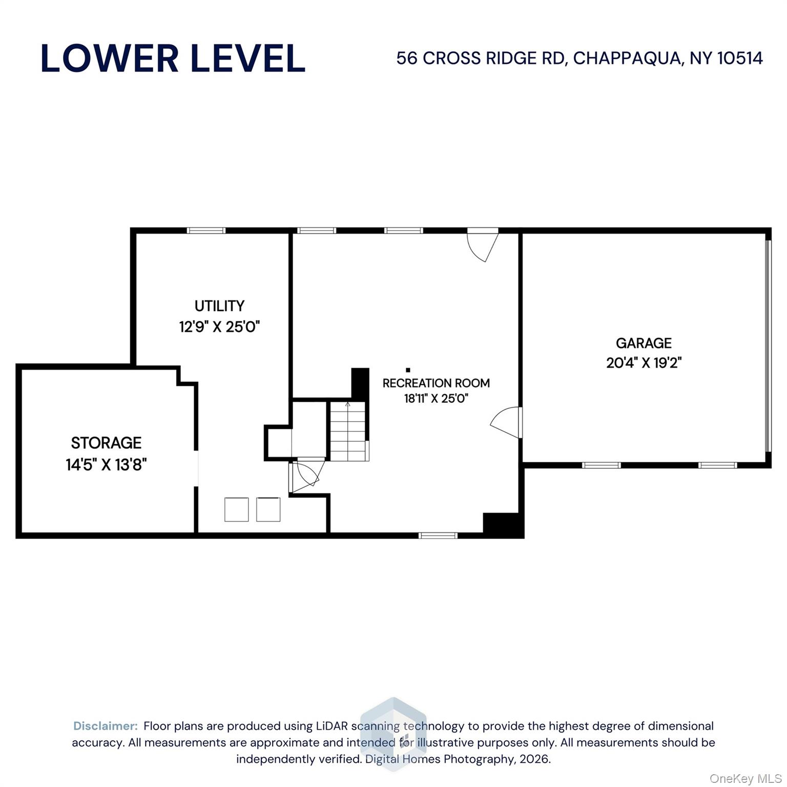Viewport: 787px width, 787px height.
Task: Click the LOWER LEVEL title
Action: (173, 58)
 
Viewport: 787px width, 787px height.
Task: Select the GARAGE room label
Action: (644, 343)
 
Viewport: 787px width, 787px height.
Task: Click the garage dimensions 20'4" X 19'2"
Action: (644, 363)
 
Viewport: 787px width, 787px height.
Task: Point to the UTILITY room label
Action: (219, 306)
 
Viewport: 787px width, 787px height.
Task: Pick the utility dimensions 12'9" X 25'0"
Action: (219, 327)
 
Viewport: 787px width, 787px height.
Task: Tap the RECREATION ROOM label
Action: (436, 383)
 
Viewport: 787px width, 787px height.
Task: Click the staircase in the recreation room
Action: (348, 431)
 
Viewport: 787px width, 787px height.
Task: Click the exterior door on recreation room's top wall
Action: (483, 244)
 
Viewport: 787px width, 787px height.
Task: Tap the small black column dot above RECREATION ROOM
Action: (408, 369)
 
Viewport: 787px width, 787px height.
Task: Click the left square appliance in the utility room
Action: (236, 509)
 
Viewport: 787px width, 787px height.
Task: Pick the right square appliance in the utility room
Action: (268, 509)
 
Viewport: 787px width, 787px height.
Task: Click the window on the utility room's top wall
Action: (206, 231)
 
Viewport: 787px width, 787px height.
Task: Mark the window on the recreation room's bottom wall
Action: (438, 535)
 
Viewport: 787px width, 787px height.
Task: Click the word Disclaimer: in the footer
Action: (106, 726)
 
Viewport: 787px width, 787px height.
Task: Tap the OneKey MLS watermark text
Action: (745, 779)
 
